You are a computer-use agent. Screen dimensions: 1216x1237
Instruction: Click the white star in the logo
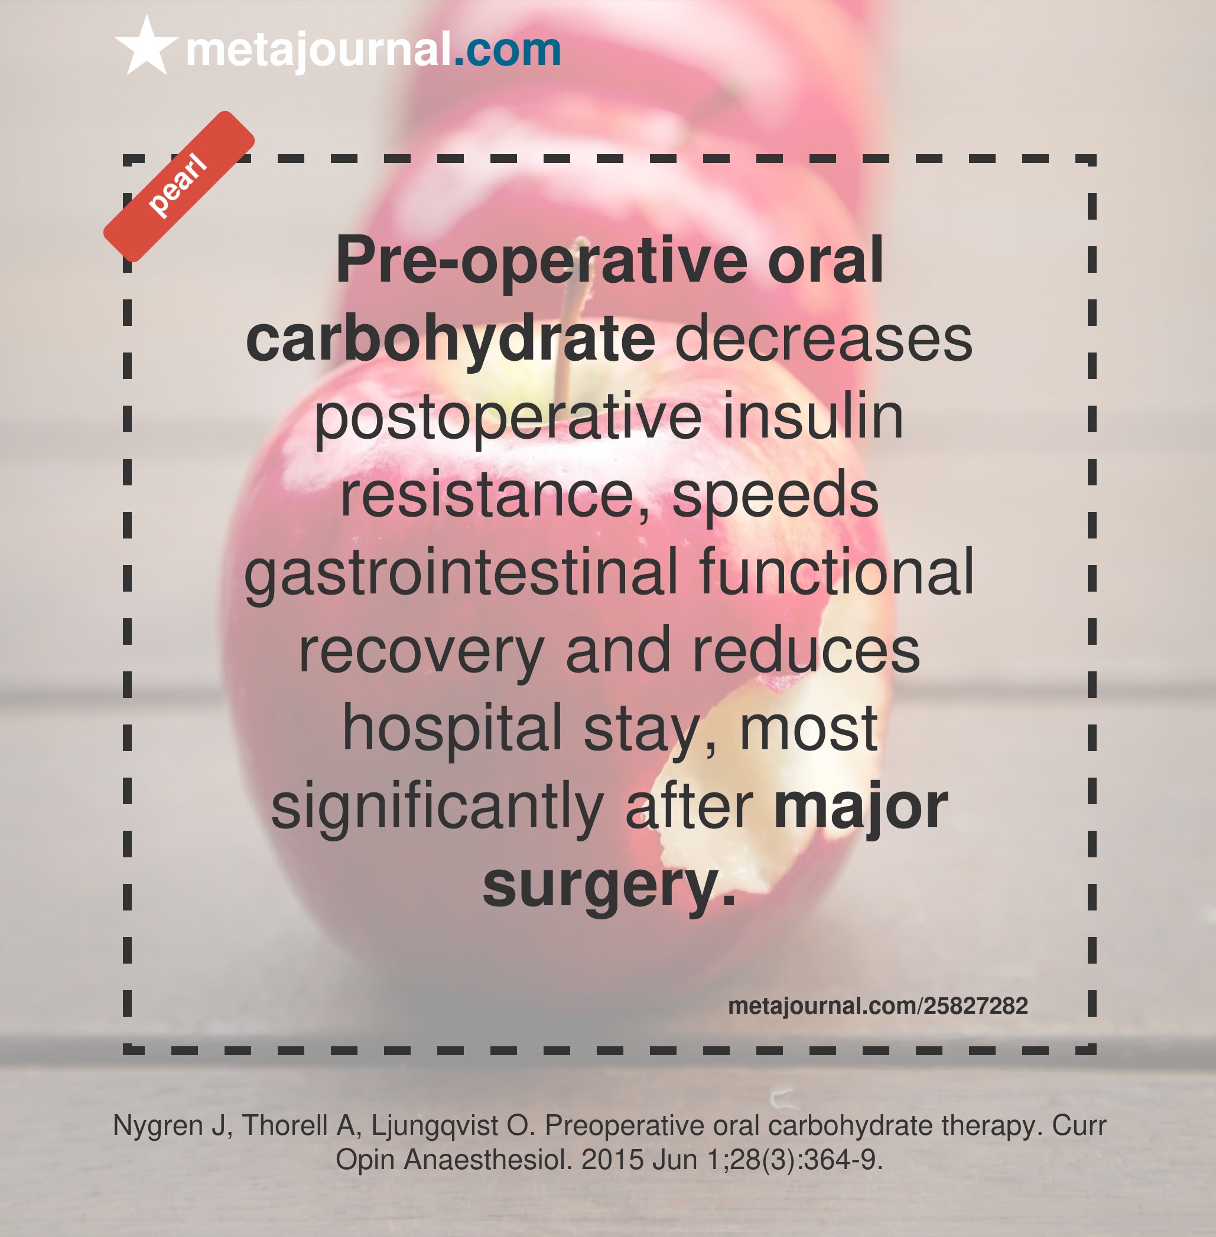click(x=147, y=47)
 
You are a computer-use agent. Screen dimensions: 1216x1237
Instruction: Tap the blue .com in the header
click(x=507, y=49)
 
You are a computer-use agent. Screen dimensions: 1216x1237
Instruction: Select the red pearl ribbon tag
click(x=179, y=187)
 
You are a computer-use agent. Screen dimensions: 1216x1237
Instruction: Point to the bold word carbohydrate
click(x=451, y=338)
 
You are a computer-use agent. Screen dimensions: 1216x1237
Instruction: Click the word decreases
click(x=823, y=338)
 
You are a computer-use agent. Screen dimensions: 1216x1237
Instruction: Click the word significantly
click(x=437, y=807)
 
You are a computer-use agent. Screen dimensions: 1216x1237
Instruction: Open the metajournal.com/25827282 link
click(x=878, y=1006)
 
